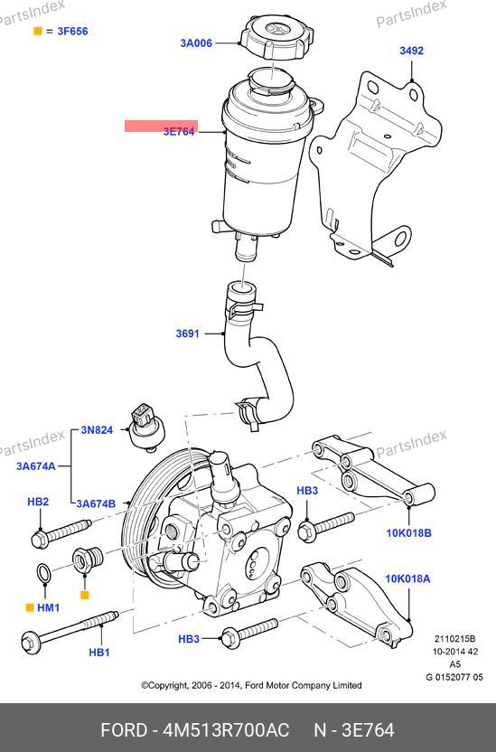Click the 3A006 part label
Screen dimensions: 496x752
coord(196,43)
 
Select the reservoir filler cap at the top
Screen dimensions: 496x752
coord(277,36)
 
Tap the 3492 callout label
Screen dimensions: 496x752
coord(412,51)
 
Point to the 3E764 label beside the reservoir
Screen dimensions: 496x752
coord(179,131)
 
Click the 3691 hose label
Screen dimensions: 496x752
coord(187,334)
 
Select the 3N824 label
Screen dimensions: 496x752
coord(97,429)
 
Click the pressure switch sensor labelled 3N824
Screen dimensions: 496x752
coord(145,428)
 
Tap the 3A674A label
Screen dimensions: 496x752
coord(36,465)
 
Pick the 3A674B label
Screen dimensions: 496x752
coord(96,503)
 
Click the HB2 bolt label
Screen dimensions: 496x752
coord(38,502)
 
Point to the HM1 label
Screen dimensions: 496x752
coord(49,607)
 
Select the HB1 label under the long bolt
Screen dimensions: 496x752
coord(99,653)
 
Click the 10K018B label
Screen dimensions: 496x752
coord(408,533)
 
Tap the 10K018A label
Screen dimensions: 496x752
coord(407,578)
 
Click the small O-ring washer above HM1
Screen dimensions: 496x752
coord(43,573)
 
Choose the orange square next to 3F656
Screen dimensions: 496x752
coord(37,31)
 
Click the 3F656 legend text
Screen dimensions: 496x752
coord(73,31)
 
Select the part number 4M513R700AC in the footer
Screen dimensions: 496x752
coord(226,730)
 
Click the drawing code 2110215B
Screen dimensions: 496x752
coord(454,638)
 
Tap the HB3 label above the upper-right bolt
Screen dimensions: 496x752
coord(307,491)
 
